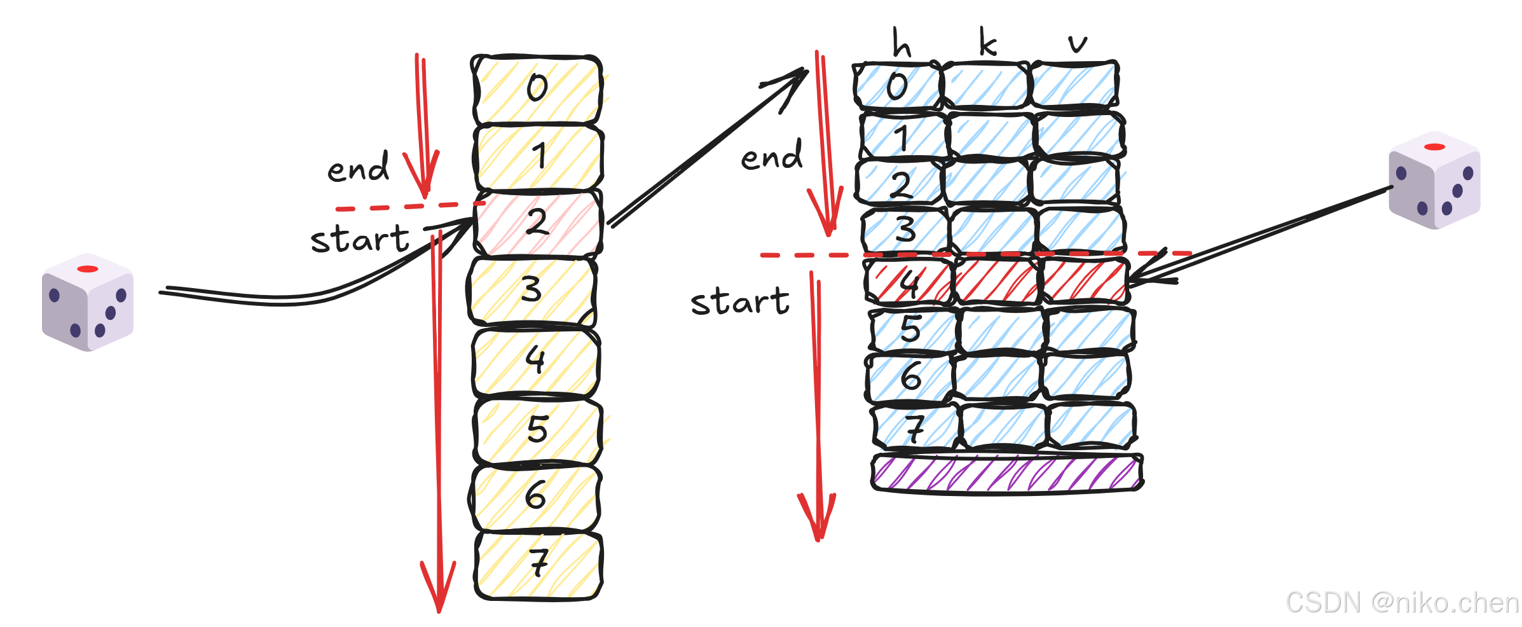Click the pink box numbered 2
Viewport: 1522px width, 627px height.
tap(538, 223)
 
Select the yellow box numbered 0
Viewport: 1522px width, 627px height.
tap(538, 88)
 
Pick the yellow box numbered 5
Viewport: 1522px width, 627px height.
tap(538, 429)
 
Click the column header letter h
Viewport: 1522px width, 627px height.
tap(902, 43)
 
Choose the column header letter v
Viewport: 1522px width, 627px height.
tap(1077, 43)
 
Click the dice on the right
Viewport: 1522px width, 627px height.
tap(1434, 180)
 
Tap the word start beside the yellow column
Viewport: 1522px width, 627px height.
tap(360, 239)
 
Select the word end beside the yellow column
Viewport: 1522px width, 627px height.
tap(358, 169)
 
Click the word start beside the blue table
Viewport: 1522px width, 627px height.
tap(740, 301)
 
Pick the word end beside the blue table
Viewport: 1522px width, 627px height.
tap(772, 156)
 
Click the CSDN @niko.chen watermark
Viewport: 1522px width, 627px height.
tap(1402, 602)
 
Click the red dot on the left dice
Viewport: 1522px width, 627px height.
tap(88, 269)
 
